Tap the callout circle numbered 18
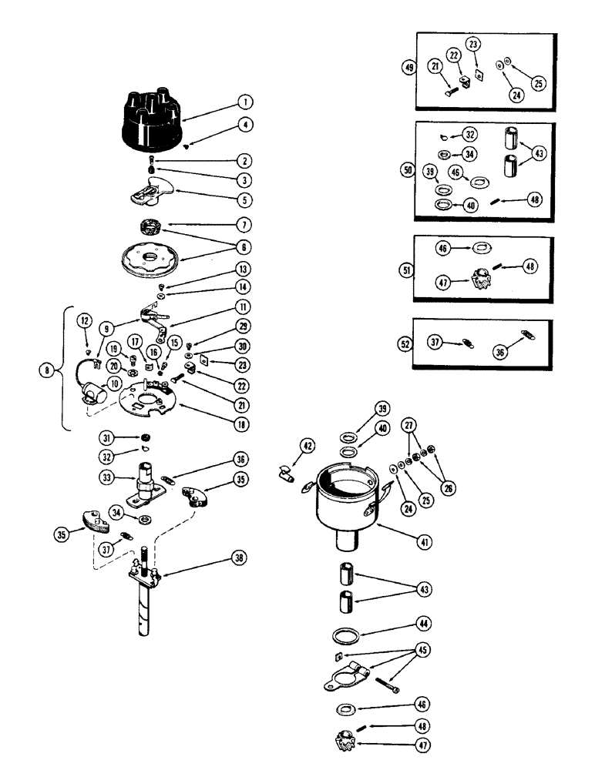pyautogui.click(x=245, y=423)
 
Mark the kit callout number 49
pyautogui.click(x=408, y=67)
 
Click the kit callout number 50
pyautogui.click(x=408, y=169)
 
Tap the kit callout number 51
pyautogui.click(x=408, y=269)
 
